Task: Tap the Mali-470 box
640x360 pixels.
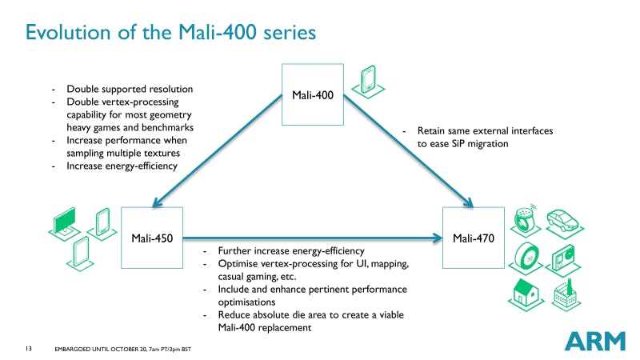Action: [x=473, y=238]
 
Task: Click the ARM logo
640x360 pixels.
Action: [x=594, y=340]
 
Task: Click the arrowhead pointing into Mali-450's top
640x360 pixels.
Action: [x=160, y=200]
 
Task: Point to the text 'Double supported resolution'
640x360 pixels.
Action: [x=130, y=89]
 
